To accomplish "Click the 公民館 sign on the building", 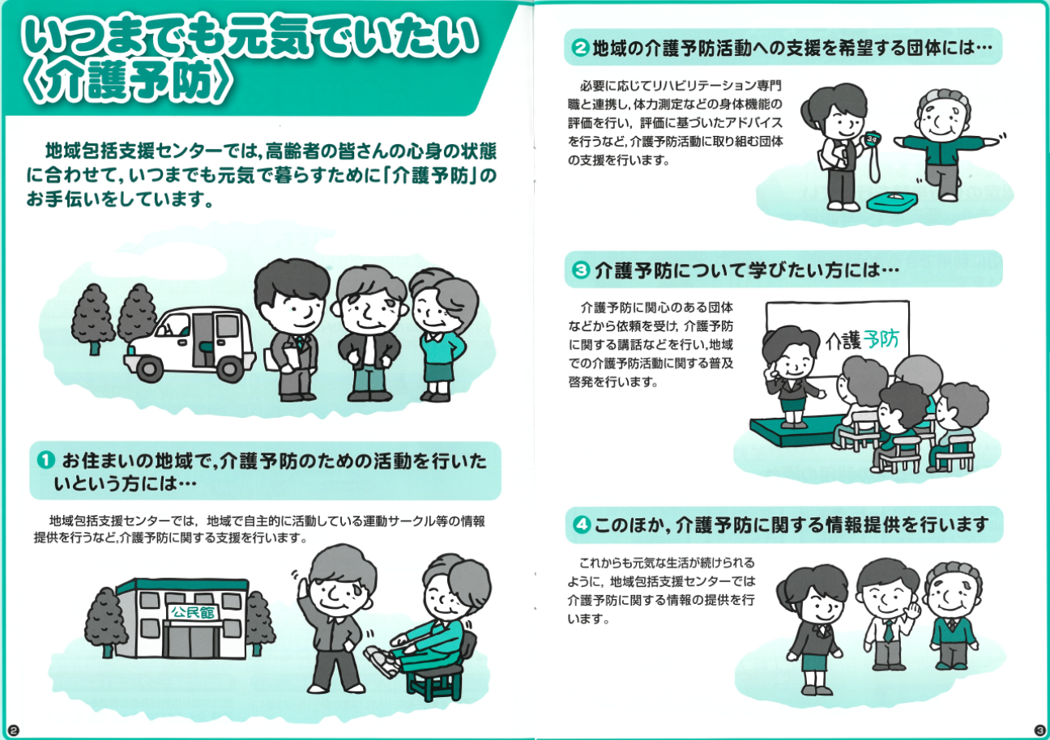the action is pyautogui.click(x=192, y=611).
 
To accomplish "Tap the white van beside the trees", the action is pyautogui.click(x=190, y=344).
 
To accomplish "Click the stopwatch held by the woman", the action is pyautogui.click(x=872, y=139).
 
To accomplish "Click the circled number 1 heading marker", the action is pyautogui.click(x=46, y=460).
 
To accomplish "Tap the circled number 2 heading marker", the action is pyautogui.click(x=580, y=48).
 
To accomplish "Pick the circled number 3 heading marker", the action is pyautogui.click(x=581, y=270).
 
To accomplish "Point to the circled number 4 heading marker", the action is pyautogui.click(x=581, y=524).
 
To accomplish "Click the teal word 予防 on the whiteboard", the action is pyautogui.click(x=881, y=339).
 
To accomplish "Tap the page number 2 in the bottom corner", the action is pyautogui.click(x=13, y=729).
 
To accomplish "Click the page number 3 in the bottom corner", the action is pyautogui.click(x=1039, y=729).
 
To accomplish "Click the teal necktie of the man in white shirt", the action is pyautogui.click(x=887, y=631).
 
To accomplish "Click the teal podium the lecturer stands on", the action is pyautogui.click(x=797, y=431).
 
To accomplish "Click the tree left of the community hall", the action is pyautogui.click(x=106, y=621).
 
